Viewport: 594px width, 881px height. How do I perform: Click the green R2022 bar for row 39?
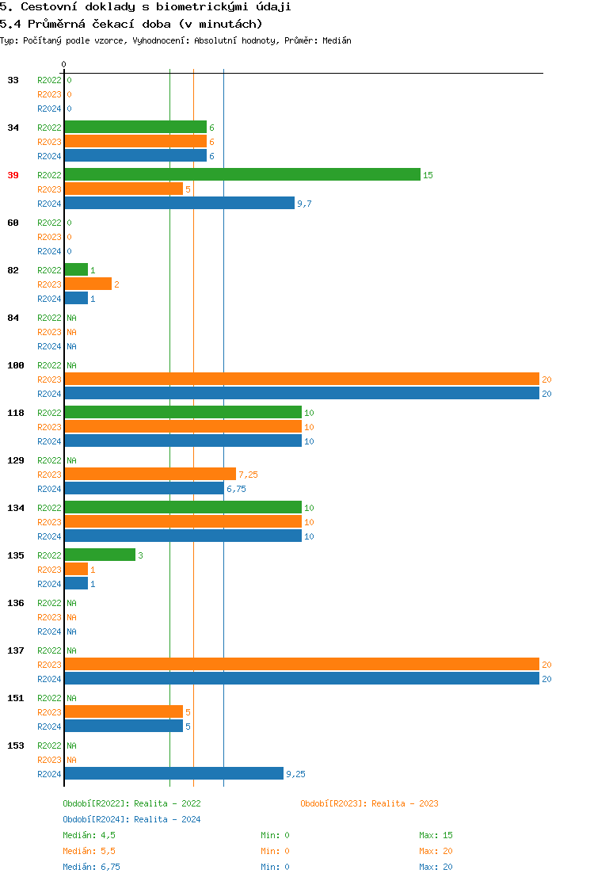[242, 175]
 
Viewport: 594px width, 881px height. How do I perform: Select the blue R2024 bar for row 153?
[173, 774]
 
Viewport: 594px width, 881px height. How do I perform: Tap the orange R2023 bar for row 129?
[150, 475]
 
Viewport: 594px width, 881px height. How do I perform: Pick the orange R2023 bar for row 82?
[88, 284]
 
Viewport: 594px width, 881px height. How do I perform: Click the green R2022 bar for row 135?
[100, 555]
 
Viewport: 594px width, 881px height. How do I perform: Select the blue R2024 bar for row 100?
[302, 394]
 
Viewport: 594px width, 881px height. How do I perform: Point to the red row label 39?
[13, 175]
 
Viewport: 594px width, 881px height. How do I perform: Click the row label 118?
[16, 413]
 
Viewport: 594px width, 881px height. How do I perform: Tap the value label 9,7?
[304, 204]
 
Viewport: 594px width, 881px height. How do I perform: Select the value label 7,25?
[248, 475]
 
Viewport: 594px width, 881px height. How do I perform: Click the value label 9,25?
[295, 774]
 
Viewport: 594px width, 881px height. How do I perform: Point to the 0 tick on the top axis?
[64, 64]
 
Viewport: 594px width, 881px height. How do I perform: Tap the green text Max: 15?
[436, 835]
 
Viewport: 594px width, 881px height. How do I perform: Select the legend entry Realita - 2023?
[405, 803]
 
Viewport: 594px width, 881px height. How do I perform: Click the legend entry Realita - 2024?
[167, 819]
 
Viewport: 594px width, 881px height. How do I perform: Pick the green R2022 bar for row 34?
[135, 128]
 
